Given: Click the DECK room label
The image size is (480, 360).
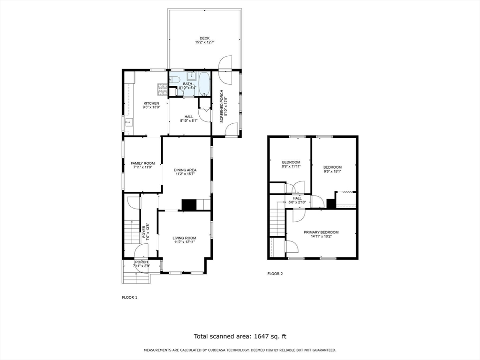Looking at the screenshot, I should pos(204,38).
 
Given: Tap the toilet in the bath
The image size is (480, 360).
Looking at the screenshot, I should pos(173,79).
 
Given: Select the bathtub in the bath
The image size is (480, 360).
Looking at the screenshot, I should pos(204,84).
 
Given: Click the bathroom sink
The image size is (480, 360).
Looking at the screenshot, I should pos(191,76).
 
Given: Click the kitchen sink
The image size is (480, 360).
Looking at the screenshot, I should pos(129,123).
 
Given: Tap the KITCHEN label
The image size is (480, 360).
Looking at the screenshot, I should pos(151,103).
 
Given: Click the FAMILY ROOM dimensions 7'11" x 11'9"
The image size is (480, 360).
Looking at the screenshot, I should pos(142,167).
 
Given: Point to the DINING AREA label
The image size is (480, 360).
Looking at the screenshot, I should pos(185,170).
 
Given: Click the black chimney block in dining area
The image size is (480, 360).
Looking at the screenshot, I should pos(189,205).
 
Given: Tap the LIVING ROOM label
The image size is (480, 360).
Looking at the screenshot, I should pos(185,238).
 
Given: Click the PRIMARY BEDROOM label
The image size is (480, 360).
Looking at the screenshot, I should pos(321,232).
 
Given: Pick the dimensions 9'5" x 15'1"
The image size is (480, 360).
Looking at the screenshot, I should pos(332,172).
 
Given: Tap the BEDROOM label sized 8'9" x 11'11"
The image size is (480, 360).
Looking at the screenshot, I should pos(291,162).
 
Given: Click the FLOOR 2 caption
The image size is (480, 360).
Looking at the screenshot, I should pos(275,274).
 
